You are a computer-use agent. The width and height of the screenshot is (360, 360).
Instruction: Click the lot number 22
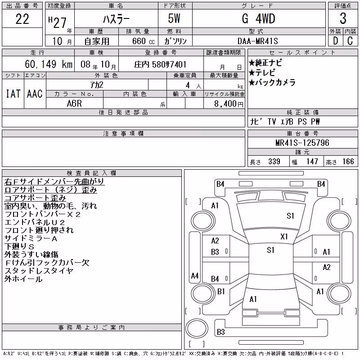[x=22, y=19]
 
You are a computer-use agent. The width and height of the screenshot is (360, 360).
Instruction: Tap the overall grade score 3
[x=343, y=18]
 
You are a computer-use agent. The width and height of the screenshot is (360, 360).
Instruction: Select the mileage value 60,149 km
[x=49, y=64]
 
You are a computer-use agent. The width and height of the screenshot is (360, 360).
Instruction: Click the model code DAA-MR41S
[x=257, y=41]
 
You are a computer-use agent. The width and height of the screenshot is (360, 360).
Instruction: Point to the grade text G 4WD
[x=258, y=18]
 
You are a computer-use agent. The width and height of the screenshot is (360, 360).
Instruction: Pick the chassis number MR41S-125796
[x=302, y=143]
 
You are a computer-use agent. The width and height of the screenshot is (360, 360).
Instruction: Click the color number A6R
[x=74, y=103]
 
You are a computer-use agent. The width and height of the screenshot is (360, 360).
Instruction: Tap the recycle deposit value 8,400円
[x=229, y=104]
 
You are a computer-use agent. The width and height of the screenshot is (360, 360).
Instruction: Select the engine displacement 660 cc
[x=144, y=41]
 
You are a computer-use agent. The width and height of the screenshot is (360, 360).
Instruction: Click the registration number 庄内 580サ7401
[x=160, y=64]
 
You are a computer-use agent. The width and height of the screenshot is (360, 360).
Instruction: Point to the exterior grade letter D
[x=335, y=41]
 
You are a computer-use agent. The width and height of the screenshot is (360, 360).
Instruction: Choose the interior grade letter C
[x=350, y=41]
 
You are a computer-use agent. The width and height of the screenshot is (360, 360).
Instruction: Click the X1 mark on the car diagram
[x=284, y=237]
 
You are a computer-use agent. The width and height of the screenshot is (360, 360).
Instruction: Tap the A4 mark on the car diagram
[x=195, y=275]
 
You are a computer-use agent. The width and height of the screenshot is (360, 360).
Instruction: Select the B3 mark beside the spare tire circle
[x=220, y=332]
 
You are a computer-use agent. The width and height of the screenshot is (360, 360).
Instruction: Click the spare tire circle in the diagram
[x=197, y=328]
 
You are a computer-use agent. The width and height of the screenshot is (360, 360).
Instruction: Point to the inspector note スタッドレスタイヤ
[x=39, y=271]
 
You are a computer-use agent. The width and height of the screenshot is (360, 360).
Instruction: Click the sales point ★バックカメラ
[x=272, y=82]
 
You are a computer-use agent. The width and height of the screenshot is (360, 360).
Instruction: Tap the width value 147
[x=312, y=162]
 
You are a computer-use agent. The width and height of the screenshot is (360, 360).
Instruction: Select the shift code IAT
[x=13, y=94]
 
